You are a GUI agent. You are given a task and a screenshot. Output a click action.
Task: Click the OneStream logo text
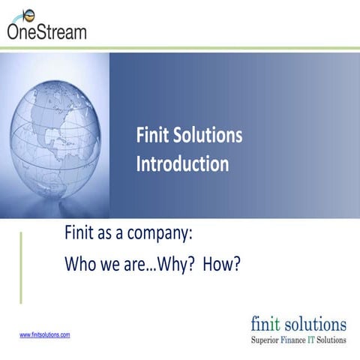tap(46, 31)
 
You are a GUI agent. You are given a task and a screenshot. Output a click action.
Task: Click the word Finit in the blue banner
tap(154, 136)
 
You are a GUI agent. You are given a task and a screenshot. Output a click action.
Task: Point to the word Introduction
tap(182, 163)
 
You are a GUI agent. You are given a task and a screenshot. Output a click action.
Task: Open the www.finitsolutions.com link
tap(44, 334)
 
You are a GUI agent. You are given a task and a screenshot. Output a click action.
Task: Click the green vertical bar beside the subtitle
tap(21, 267)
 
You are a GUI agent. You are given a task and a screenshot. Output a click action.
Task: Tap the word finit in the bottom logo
tap(268, 323)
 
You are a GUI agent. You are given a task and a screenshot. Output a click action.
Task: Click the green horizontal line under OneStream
tap(180, 49)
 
